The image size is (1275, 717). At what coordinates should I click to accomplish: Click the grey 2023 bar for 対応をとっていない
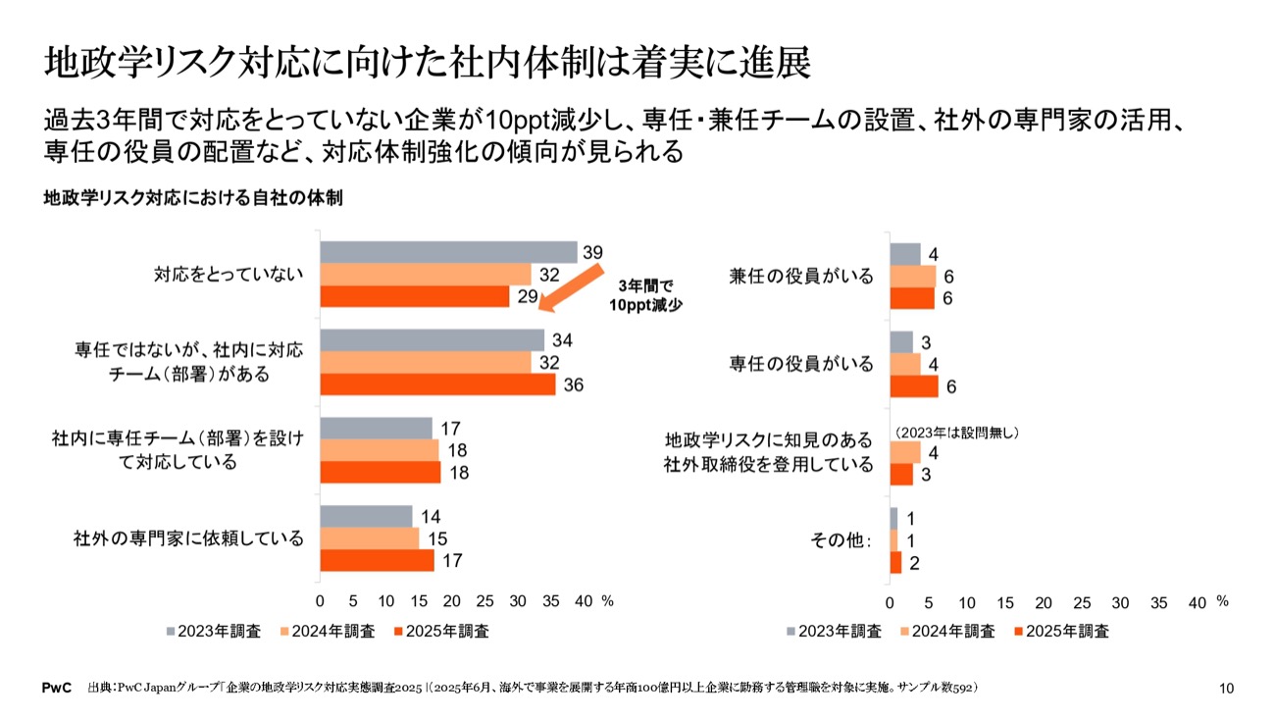coord(448,252)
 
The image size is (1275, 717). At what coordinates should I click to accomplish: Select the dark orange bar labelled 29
coord(415,296)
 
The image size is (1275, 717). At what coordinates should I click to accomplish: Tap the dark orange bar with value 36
coord(437,384)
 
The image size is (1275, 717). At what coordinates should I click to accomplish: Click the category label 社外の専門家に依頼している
coord(188,538)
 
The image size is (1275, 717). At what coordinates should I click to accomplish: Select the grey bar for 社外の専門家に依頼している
coord(366,516)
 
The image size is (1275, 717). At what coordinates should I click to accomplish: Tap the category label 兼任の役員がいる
coord(801,276)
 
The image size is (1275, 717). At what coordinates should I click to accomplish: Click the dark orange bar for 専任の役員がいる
coord(913,386)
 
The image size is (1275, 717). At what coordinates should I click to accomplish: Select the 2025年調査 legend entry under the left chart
coord(439,632)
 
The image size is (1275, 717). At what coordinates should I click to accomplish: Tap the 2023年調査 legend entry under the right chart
coord(835,632)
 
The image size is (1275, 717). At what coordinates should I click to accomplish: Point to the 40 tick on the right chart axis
coord(1197,600)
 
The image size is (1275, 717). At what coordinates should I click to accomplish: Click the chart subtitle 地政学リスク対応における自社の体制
coord(193,198)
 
